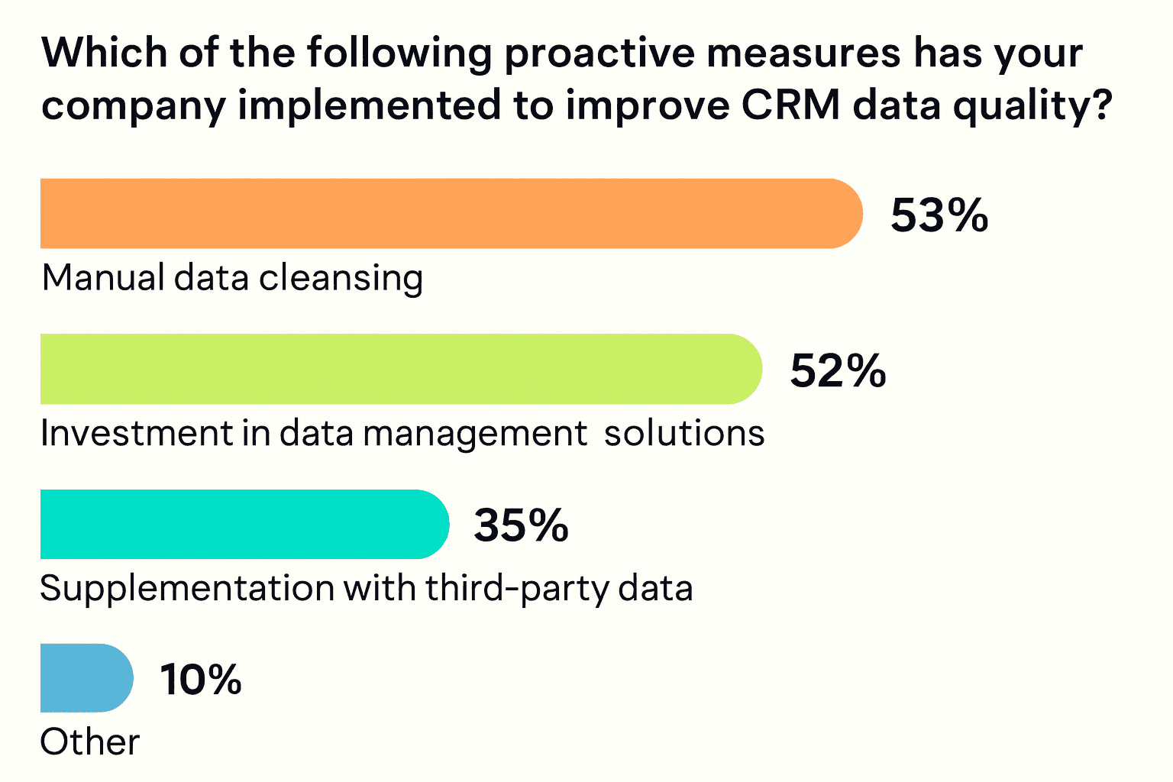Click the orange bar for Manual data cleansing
point(451,213)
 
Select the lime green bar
point(401,369)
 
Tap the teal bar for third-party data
point(244,525)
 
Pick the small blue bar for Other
point(87,678)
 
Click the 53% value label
point(939,215)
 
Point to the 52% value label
point(838,371)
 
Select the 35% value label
point(521,525)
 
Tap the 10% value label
point(201,680)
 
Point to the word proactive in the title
point(599,54)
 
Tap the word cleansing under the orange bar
point(341,279)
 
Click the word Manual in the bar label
point(103,277)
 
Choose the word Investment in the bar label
point(137,433)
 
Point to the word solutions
point(684,433)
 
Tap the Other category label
point(90,742)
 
